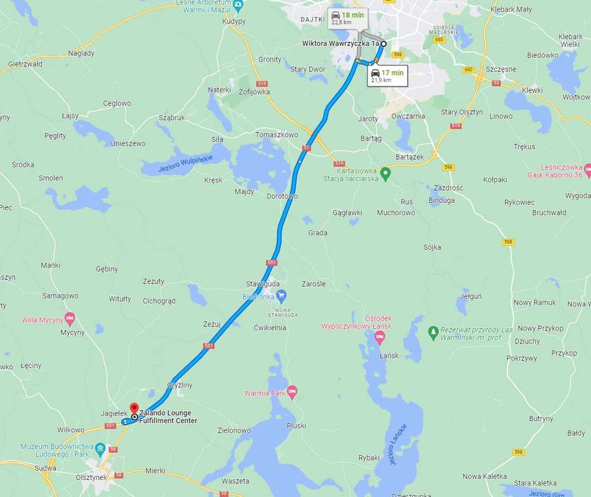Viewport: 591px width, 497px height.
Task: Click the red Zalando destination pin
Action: pyautogui.click(x=133, y=409)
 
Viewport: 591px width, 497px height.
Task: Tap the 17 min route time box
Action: pyautogui.click(x=387, y=75)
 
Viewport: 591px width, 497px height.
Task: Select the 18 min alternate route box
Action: pyautogui.click(x=347, y=18)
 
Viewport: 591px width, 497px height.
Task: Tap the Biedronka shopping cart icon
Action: pyautogui.click(x=282, y=295)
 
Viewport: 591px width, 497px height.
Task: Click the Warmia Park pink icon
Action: pyautogui.click(x=292, y=392)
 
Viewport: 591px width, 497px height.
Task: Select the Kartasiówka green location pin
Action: pyautogui.click(x=385, y=173)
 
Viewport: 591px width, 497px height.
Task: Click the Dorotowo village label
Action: pyautogui.click(x=282, y=196)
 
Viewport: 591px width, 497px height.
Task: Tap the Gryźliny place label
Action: pyautogui.click(x=179, y=384)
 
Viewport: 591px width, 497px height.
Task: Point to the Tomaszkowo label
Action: pyautogui.click(x=277, y=134)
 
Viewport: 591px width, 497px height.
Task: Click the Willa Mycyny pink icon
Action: pyautogui.click(x=70, y=319)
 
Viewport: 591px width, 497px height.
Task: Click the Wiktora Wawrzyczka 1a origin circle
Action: pyautogui.click(x=384, y=44)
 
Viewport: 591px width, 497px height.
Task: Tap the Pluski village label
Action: pyautogui.click(x=296, y=425)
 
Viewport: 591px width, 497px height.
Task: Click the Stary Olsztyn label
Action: pyautogui.click(x=461, y=112)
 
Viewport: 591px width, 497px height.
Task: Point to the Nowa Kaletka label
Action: pyautogui.click(x=484, y=476)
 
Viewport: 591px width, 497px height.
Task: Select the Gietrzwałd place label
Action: pyautogui.click(x=25, y=64)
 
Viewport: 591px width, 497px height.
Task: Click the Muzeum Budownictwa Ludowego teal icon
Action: pyautogui.click(x=100, y=449)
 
